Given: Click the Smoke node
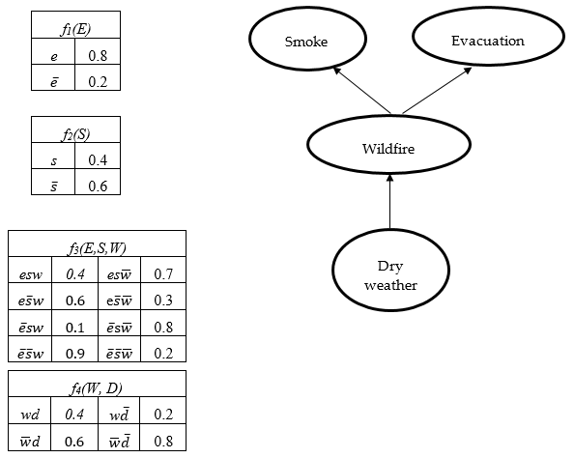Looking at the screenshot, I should [305, 42].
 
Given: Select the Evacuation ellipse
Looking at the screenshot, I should [487, 41].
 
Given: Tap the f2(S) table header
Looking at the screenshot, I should [75, 129].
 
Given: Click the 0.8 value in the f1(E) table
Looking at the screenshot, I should [97, 56].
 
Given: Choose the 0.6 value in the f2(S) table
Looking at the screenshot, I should [97, 186].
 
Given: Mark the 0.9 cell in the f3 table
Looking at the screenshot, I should [75, 354].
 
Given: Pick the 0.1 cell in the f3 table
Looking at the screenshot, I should [75, 327].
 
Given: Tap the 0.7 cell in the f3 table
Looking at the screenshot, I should [162, 275].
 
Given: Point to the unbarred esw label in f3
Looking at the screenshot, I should [30, 275].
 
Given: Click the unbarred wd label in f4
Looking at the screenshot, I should [30, 415].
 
